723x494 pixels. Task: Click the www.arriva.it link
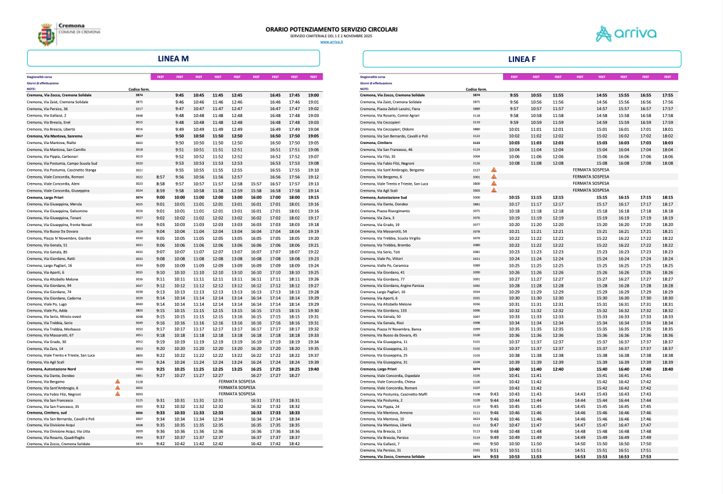click(331, 42)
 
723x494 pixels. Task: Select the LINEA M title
click(173, 59)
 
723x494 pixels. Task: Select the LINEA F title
click(522, 59)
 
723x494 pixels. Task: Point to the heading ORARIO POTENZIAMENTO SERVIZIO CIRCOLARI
click(331, 29)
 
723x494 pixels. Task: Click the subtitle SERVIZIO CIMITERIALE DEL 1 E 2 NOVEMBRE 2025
click(331, 36)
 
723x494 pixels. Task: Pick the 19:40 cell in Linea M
click(314, 369)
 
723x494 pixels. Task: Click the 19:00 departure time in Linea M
click(314, 95)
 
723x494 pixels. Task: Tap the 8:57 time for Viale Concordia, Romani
click(161, 177)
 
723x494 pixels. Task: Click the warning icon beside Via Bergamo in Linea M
click(117, 381)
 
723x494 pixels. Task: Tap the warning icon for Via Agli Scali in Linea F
click(493, 190)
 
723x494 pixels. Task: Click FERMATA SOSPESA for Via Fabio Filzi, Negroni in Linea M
click(237, 394)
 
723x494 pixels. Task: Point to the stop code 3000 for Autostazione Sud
click(476, 197)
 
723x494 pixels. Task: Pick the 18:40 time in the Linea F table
click(667, 369)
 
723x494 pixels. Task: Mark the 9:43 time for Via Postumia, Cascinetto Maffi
click(494, 394)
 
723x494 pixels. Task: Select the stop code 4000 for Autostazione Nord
click(138, 369)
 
